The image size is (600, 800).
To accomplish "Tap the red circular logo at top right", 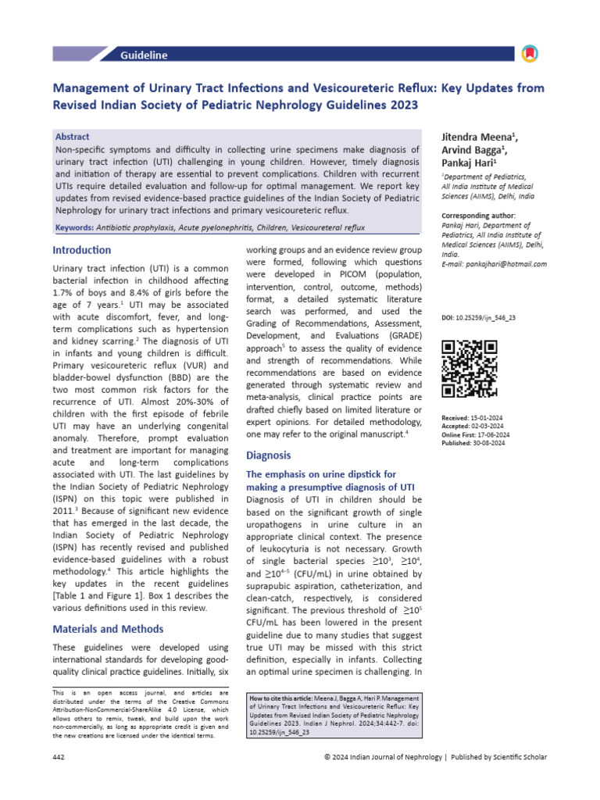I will [x=529, y=54].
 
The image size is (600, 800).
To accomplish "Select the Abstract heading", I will [x=73, y=136].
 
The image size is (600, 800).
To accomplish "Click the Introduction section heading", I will [x=81, y=250].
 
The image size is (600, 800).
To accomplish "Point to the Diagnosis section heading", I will [x=268, y=455].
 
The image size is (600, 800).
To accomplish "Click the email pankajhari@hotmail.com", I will [x=504, y=264].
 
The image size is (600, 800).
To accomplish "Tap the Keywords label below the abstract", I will [x=79, y=227].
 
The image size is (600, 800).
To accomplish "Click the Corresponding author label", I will [x=479, y=216].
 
